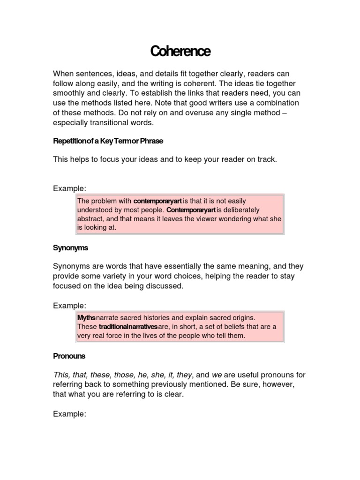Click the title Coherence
[x=180, y=51]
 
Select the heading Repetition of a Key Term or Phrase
[x=108, y=141]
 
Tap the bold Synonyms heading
[x=70, y=247]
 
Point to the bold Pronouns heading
[x=69, y=356]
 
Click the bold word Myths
[x=86, y=317]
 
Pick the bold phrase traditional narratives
[x=128, y=327]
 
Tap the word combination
[x=276, y=103]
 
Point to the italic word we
[x=217, y=375]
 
